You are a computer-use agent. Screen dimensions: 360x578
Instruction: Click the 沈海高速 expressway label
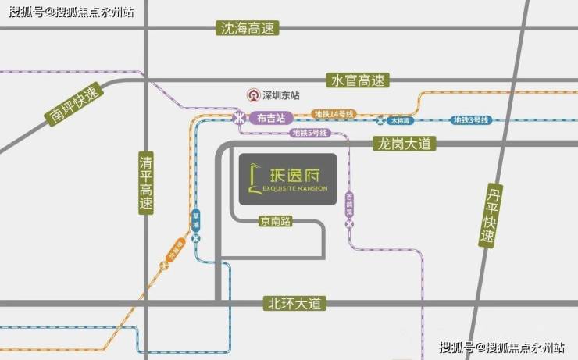[249, 28]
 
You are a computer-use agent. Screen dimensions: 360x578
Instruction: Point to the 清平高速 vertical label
[145, 184]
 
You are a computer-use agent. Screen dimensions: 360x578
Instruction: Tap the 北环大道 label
[294, 303]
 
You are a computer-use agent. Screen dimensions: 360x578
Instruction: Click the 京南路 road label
[276, 221]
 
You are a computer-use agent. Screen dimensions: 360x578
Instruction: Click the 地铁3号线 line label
[471, 120]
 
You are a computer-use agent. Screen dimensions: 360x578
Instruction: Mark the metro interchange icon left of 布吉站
[238, 119]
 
